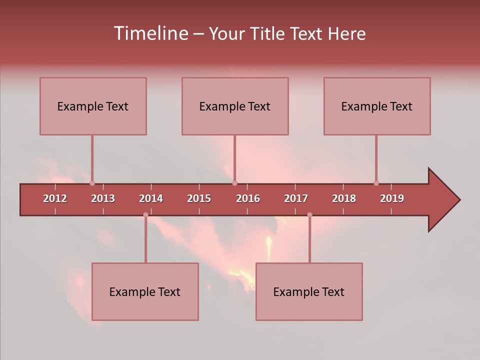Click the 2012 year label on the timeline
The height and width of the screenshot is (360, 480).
pyautogui.click(x=55, y=198)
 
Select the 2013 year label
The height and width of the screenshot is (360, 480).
pyautogui.click(x=103, y=198)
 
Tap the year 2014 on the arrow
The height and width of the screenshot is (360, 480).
pyautogui.click(x=151, y=198)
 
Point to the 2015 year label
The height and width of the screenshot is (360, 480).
pyautogui.click(x=199, y=198)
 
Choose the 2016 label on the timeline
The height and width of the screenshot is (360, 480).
pyautogui.click(x=248, y=198)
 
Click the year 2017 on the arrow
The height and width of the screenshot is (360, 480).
pyautogui.click(x=296, y=198)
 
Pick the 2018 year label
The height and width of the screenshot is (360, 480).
pyautogui.click(x=344, y=198)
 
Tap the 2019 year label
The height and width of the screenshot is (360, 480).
pyautogui.click(x=392, y=198)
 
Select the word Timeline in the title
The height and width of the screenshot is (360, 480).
pyautogui.click(x=150, y=33)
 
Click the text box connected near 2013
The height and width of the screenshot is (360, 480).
pyautogui.click(x=93, y=106)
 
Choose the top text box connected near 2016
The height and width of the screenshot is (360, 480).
pyautogui.click(x=235, y=106)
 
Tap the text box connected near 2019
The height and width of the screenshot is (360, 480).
pyautogui.click(x=377, y=106)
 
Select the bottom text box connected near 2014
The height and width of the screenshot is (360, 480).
pyautogui.click(x=145, y=291)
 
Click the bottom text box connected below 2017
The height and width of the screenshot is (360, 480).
pyautogui.click(x=309, y=291)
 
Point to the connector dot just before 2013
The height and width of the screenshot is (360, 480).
pyautogui.click(x=92, y=183)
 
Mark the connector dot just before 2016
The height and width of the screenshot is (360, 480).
pyautogui.click(x=235, y=183)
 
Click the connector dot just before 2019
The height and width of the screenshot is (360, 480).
pyautogui.click(x=376, y=183)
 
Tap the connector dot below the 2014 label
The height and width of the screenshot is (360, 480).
pyautogui.click(x=145, y=215)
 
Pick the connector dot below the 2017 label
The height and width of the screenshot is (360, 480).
pyautogui.click(x=309, y=215)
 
